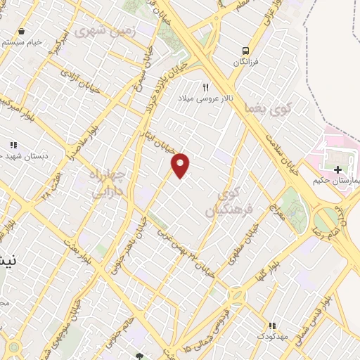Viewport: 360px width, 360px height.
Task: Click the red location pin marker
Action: tap(181, 165)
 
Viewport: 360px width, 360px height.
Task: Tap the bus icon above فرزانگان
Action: tap(245, 50)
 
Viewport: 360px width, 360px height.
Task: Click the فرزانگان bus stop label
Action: tap(245, 62)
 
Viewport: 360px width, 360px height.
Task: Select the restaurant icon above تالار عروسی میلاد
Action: tap(206, 87)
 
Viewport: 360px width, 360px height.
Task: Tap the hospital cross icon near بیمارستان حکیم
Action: tap(338, 169)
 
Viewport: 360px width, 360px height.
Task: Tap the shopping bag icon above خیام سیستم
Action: tap(22, 31)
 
